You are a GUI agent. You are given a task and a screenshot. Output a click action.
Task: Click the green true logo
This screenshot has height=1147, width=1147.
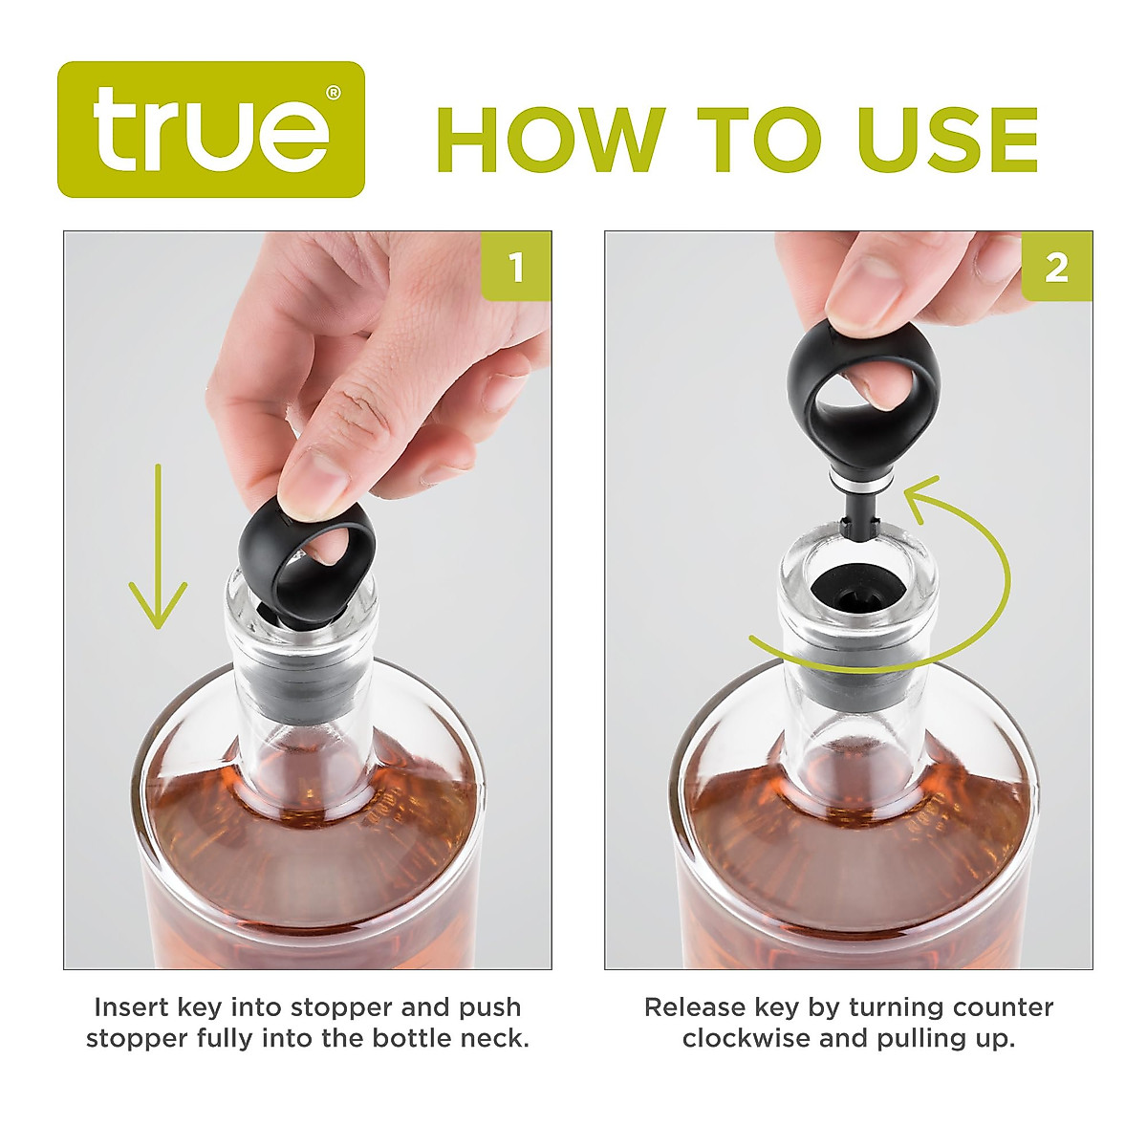point(210,130)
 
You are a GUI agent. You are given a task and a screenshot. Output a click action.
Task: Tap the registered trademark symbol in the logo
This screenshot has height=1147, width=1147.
point(333,93)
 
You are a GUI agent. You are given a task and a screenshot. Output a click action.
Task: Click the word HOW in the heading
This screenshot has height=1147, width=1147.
point(550,141)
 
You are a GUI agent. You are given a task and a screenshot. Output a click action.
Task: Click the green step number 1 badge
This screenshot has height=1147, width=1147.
point(516,267)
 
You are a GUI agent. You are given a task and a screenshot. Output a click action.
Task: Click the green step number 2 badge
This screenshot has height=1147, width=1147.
point(1056,267)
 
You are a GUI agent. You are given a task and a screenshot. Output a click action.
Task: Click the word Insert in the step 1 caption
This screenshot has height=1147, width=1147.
point(132,1007)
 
